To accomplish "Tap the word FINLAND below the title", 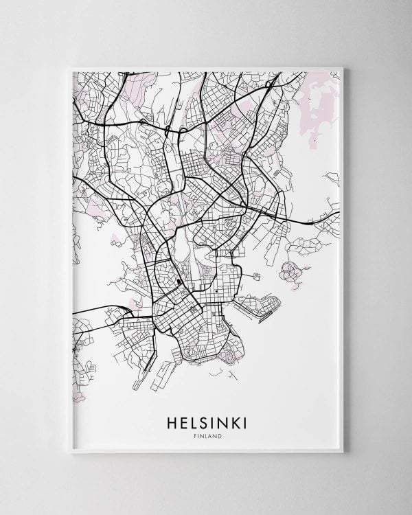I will click(206, 433).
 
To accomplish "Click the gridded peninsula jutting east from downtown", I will click(257, 306).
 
